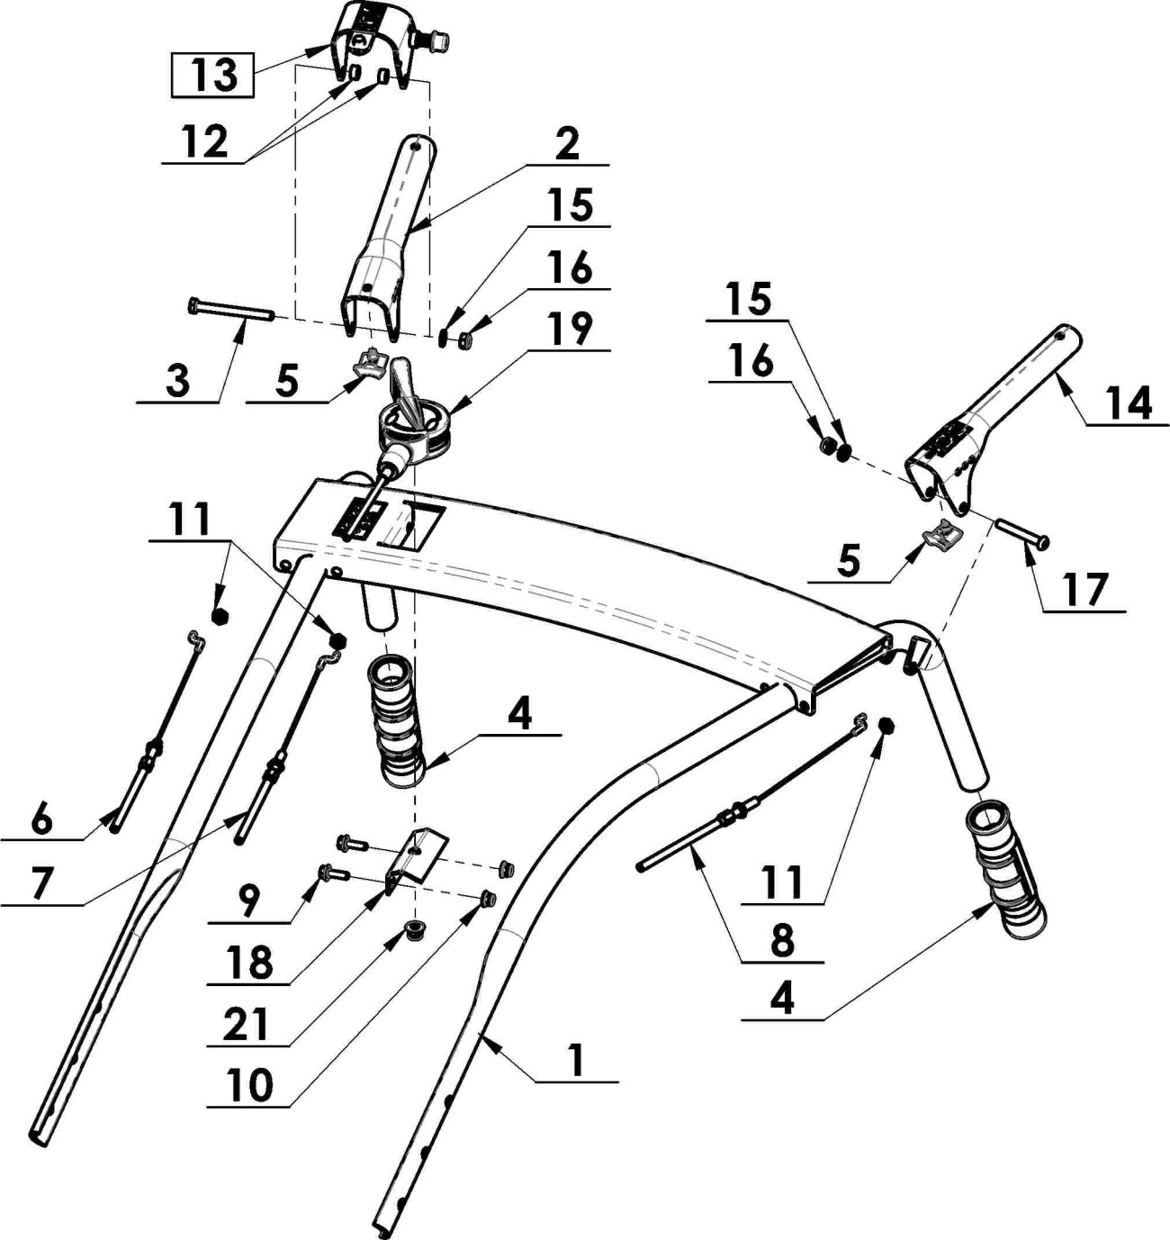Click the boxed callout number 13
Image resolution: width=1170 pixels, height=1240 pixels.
[x=213, y=76]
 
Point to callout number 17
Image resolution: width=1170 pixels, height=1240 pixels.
[x=1084, y=591]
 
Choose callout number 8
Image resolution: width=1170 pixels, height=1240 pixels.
[x=782, y=941]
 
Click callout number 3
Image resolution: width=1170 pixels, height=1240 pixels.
[x=178, y=382]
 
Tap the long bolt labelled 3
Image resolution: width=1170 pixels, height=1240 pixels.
[x=230, y=311]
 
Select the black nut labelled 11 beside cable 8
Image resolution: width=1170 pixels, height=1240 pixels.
[x=885, y=726]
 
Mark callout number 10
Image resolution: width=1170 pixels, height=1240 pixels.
[x=250, y=1086]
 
